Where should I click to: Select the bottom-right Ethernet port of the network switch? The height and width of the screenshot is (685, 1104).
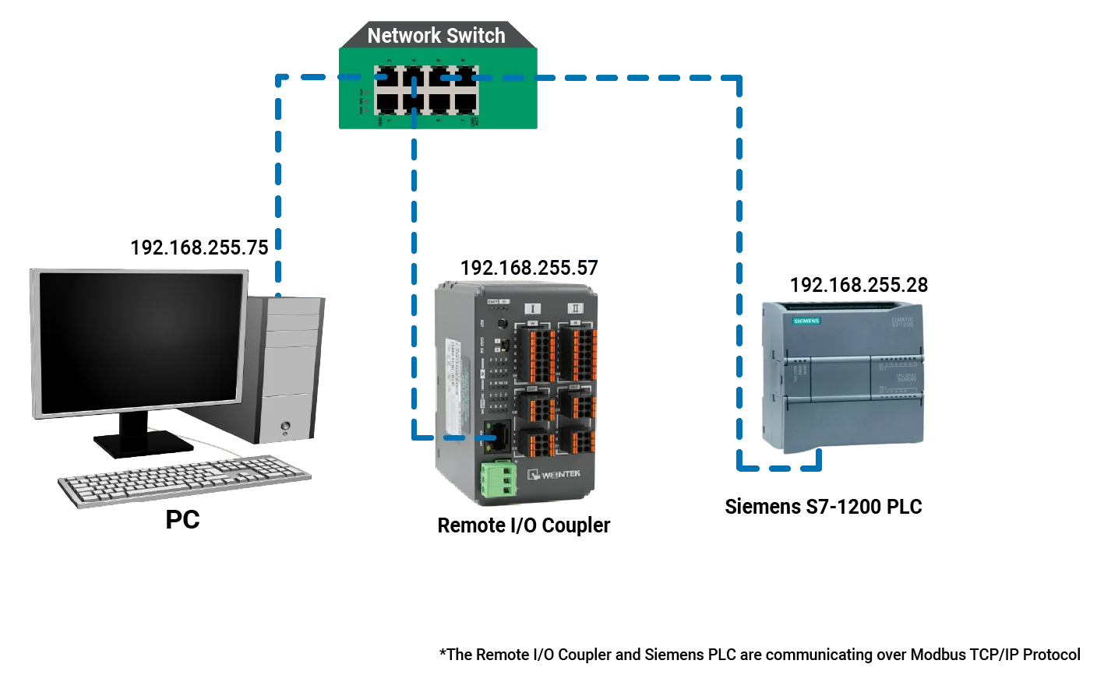(465, 101)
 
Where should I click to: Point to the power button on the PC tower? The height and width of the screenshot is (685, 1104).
(287, 426)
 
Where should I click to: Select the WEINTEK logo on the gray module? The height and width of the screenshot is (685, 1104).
(555, 474)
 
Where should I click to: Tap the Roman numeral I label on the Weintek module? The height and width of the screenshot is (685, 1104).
(533, 308)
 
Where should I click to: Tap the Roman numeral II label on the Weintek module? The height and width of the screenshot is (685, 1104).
(574, 308)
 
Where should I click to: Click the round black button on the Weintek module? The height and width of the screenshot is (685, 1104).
(503, 322)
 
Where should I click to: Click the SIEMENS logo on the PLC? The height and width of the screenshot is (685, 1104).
(806, 321)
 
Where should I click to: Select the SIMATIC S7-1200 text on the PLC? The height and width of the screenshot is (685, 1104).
(902, 321)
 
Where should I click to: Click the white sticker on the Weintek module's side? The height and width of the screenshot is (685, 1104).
(452, 366)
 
